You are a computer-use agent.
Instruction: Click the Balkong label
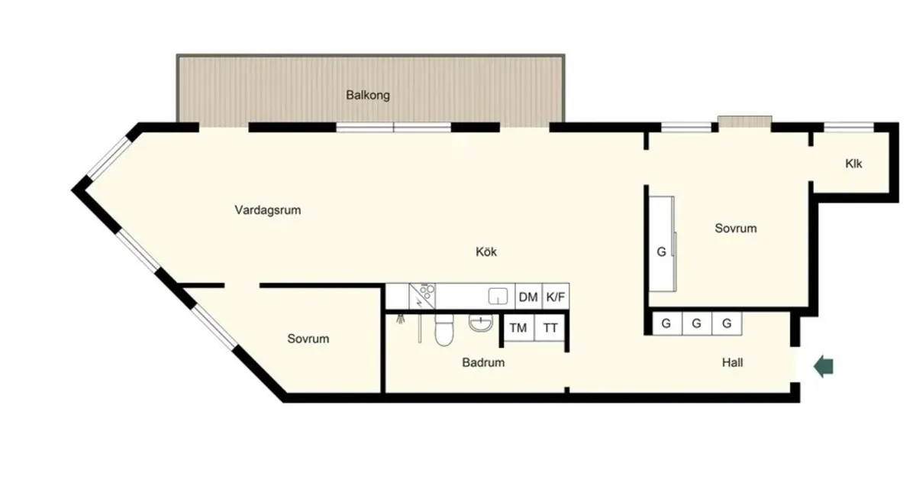pyautogui.click(x=368, y=96)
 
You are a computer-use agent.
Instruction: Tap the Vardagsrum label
pyautogui.click(x=267, y=209)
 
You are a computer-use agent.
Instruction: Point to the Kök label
pyautogui.click(x=486, y=251)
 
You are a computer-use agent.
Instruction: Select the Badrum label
pyautogui.click(x=483, y=363)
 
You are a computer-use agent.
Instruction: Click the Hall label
pyautogui.click(x=732, y=363)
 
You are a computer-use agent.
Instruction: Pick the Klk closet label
pyautogui.click(x=853, y=164)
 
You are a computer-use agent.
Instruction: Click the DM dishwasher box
pyautogui.click(x=528, y=297)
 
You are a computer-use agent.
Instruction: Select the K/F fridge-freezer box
pyautogui.click(x=556, y=297)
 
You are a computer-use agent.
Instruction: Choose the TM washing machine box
pyautogui.click(x=518, y=328)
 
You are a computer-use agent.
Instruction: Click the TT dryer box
pyautogui.click(x=550, y=328)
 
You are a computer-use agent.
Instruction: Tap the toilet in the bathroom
pyautogui.click(x=443, y=330)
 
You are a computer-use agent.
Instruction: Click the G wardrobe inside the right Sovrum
pyautogui.click(x=661, y=251)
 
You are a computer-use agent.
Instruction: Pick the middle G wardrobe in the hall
pyautogui.click(x=696, y=323)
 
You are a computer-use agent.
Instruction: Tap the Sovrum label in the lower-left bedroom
pyautogui.click(x=308, y=339)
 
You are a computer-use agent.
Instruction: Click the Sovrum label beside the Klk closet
pyautogui.click(x=735, y=228)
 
